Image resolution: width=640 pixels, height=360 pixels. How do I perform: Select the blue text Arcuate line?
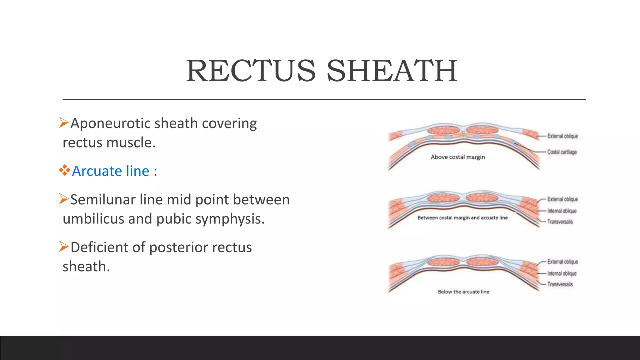(111, 171)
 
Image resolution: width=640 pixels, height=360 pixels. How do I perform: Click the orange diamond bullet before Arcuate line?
(65, 170)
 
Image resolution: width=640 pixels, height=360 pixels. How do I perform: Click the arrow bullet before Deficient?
(64, 247)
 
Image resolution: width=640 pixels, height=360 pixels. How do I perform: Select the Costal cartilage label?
(562, 152)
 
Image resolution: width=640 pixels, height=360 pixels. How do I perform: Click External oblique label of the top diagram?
(562, 136)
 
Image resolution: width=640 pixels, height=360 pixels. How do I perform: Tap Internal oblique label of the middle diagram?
(562, 211)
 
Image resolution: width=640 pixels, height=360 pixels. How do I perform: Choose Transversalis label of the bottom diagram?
(560, 284)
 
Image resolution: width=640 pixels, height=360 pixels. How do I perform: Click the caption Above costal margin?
(458, 157)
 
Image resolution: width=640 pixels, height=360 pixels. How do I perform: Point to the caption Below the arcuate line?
(463, 292)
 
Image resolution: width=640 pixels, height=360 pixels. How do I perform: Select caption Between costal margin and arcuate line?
(462, 218)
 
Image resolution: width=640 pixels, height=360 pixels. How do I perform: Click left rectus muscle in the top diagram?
(443, 130)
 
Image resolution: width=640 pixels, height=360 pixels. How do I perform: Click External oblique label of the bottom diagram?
(562, 262)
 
